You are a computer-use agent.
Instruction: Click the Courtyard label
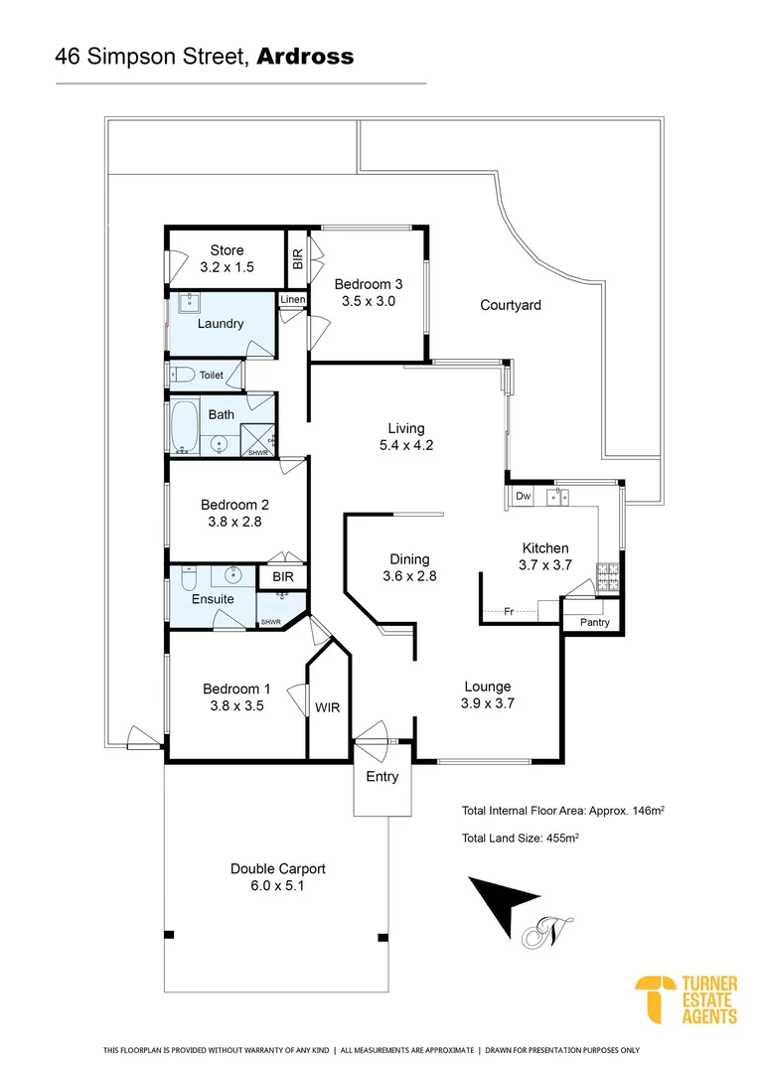pos(511,305)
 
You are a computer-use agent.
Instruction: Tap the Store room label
pos(227,250)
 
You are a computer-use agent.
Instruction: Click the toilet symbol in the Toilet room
pos(182,375)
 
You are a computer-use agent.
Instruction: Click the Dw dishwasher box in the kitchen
pos(523,496)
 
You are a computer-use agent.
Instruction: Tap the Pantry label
pos(593,622)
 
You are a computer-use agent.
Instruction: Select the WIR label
pos(328,708)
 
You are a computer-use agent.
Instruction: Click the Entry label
pos(382,776)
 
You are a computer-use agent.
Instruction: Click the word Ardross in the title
pos(305,57)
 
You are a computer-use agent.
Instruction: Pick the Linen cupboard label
pos(291,299)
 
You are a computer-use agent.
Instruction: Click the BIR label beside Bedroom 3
pos(297,259)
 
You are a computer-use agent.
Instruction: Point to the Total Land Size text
pos(521,839)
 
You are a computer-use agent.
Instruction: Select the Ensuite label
pos(213,599)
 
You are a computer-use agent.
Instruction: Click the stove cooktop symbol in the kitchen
pos(605,571)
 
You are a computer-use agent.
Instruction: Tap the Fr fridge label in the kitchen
pos(508,611)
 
